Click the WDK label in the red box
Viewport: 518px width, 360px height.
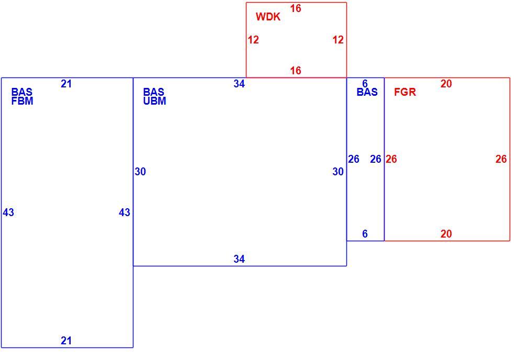tap(268, 17)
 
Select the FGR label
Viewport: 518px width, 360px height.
tap(405, 92)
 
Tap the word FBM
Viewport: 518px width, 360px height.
tap(22, 101)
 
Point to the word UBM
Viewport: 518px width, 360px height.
tap(154, 101)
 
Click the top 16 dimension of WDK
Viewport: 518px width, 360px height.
tap(296, 8)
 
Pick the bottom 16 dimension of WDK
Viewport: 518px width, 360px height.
tap(296, 70)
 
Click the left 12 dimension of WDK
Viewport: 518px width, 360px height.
tap(253, 40)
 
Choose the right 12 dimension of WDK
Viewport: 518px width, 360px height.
tap(338, 40)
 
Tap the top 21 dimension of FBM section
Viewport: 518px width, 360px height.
tap(66, 84)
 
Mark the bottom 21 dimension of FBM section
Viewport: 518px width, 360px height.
tap(66, 341)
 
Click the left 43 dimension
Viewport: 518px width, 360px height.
tap(8, 212)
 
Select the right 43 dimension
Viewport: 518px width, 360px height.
tap(125, 212)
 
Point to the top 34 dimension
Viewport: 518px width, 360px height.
tap(239, 84)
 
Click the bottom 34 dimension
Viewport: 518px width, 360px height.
tap(239, 259)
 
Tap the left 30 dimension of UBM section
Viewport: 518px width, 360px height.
tap(140, 172)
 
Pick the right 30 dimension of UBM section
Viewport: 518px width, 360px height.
tap(338, 172)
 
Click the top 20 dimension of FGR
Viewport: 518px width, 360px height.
tap(446, 84)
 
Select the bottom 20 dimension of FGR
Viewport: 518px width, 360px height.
tap(446, 234)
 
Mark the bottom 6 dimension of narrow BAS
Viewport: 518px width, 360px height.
tap(365, 234)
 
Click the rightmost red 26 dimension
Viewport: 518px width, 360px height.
tap(501, 159)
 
